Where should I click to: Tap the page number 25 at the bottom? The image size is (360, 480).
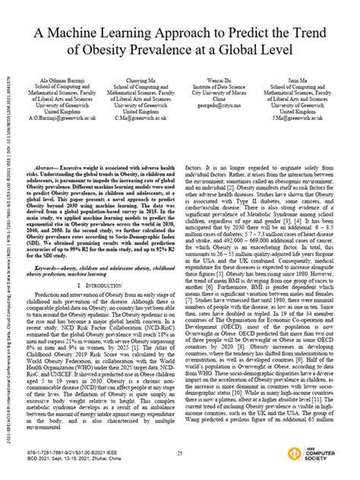pos(179,453)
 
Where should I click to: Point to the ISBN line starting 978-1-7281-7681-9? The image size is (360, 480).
pos(76,453)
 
